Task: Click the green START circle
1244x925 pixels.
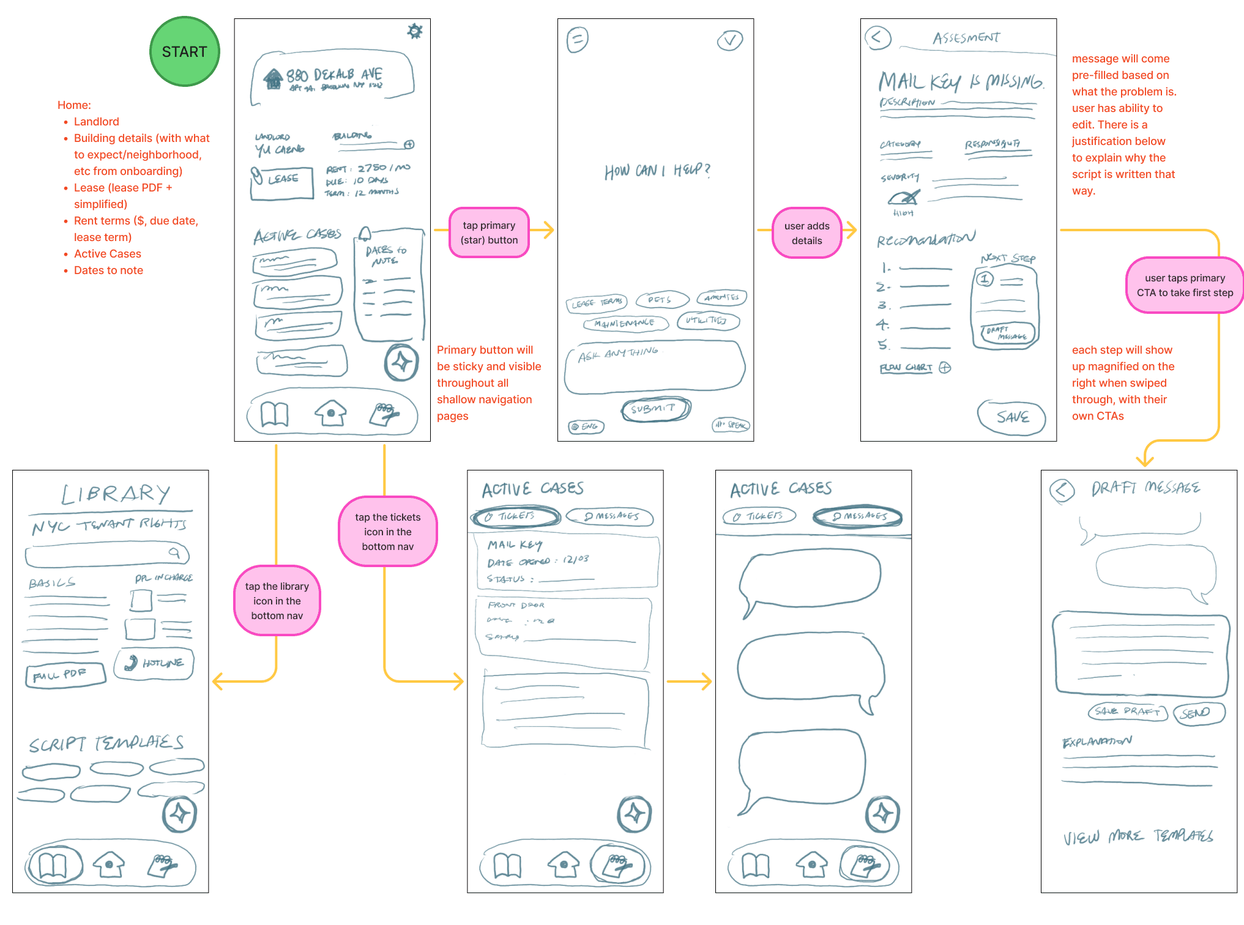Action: click(184, 52)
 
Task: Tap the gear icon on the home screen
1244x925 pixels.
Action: click(415, 31)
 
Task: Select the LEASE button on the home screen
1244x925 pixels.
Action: click(281, 182)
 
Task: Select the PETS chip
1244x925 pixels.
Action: click(661, 300)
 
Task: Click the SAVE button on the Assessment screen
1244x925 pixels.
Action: click(1011, 417)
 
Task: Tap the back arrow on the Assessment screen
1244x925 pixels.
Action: click(877, 37)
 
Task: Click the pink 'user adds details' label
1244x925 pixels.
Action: click(806, 233)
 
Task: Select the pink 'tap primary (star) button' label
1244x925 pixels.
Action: click(489, 233)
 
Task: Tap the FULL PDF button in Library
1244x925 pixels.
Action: click(65, 675)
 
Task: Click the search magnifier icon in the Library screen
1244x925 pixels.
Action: click(175, 553)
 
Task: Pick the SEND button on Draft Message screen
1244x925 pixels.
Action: click(1198, 713)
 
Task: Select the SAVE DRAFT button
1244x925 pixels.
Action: click(1127, 711)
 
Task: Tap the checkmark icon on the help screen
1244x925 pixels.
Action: click(729, 40)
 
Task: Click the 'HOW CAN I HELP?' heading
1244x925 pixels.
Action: click(657, 171)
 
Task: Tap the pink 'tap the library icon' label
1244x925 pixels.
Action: click(277, 601)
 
